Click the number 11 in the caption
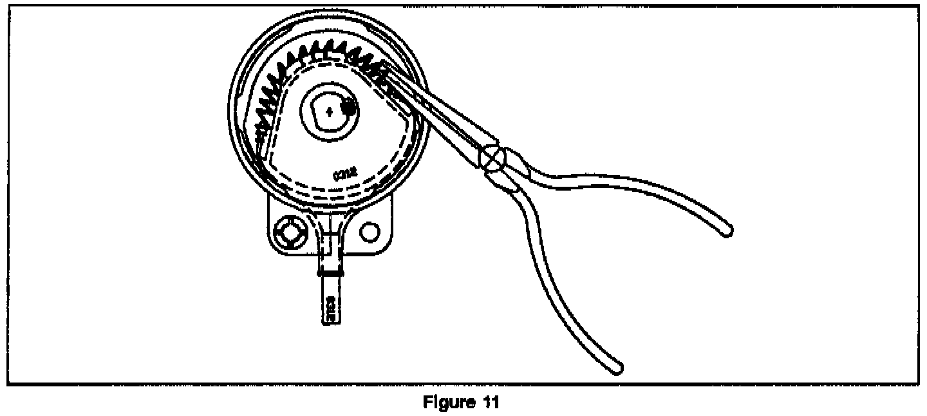pos(488,404)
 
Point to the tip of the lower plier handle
pos(618,368)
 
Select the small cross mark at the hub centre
pos(329,111)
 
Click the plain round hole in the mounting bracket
pos(370,230)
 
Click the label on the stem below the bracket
pos(331,307)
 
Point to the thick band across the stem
pos(331,273)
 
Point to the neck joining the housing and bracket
pos(331,216)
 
